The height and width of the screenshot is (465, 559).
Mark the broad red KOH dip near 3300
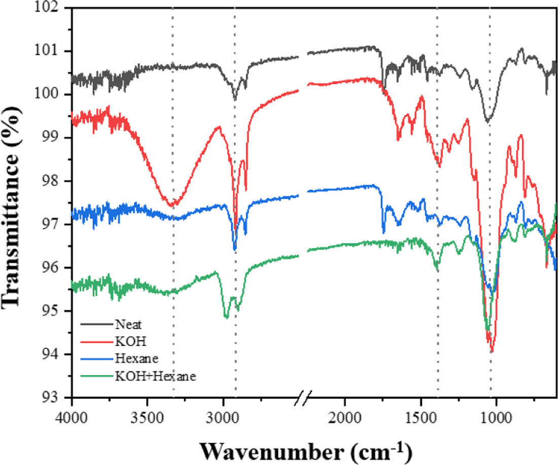172,204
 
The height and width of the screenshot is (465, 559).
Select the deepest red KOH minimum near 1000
492,350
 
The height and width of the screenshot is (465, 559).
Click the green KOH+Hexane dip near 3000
226,317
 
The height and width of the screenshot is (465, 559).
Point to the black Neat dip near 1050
487,121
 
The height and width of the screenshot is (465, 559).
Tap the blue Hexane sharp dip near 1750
383,232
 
